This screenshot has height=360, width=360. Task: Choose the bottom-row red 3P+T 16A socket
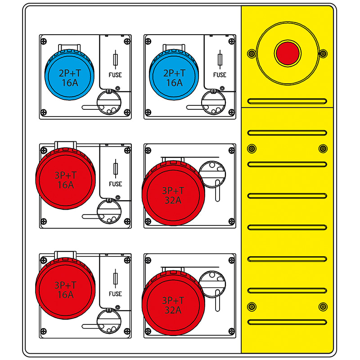click(65, 290)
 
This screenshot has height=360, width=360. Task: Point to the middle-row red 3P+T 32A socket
click(173, 194)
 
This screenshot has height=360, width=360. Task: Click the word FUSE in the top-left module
click(115, 75)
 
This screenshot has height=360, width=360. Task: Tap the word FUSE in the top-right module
click(220, 75)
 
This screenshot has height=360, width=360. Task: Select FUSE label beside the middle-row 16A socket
click(115, 184)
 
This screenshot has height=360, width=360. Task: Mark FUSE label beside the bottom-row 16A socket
click(115, 294)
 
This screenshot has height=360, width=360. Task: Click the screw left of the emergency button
click(251, 54)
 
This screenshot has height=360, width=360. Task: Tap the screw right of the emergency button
click(323, 54)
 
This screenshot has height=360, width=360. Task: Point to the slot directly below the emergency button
click(288, 101)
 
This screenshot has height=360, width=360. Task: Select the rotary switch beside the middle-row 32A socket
click(212, 173)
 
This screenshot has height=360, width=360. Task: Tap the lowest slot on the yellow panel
click(288, 321)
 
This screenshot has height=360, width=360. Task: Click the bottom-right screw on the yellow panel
click(323, 307)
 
